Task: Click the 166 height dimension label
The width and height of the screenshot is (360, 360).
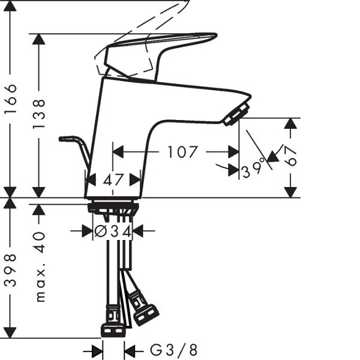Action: click(11, 98)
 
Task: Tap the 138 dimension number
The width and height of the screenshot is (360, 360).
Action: click(39, 114)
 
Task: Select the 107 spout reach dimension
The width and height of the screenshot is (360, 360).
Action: click(182, 152)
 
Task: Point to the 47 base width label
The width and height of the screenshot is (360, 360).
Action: click(113, 180)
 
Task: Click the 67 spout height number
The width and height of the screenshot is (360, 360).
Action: click(292, 156)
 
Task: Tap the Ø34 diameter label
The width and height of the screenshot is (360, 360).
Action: click(113, 231)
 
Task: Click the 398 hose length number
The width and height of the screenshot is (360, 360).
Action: click(11, 270)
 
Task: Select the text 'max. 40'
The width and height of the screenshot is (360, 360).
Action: click(40, 267)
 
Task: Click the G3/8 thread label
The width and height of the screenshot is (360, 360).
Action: click(173, 350)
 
